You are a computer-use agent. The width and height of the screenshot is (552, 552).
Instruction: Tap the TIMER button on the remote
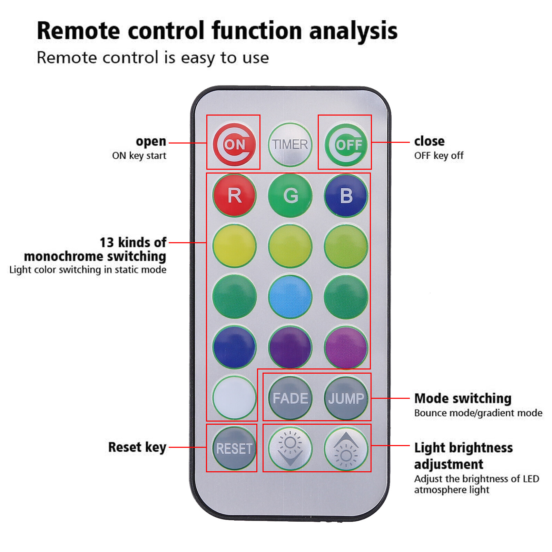point(290,144)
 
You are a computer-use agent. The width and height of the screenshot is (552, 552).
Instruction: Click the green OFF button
point(346,144)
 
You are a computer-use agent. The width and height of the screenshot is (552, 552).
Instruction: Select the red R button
point(234,195)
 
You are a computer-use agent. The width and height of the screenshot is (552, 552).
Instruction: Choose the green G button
point(290,195)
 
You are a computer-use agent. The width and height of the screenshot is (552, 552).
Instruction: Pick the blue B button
point(346,195)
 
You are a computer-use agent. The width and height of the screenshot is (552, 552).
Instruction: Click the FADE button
point(290,398)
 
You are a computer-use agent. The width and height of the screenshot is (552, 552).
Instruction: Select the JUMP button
point(346,398)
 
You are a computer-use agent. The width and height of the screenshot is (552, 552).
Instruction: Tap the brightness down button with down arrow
point(290,448)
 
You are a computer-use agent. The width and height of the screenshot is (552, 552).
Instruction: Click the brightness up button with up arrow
point(346,448)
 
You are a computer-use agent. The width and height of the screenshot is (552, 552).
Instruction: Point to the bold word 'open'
point(151,141)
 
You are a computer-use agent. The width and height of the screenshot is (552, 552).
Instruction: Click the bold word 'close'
point(429,141)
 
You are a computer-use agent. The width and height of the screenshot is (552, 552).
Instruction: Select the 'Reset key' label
point(137,447)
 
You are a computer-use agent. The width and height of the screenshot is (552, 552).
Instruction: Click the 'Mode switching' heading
point(463,398)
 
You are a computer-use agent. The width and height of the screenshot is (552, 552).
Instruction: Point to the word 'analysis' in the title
point(353,31)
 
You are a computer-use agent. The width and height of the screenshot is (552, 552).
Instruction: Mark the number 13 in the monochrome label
point(107,243)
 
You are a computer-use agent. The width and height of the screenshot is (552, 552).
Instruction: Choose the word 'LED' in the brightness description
point(531,479)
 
